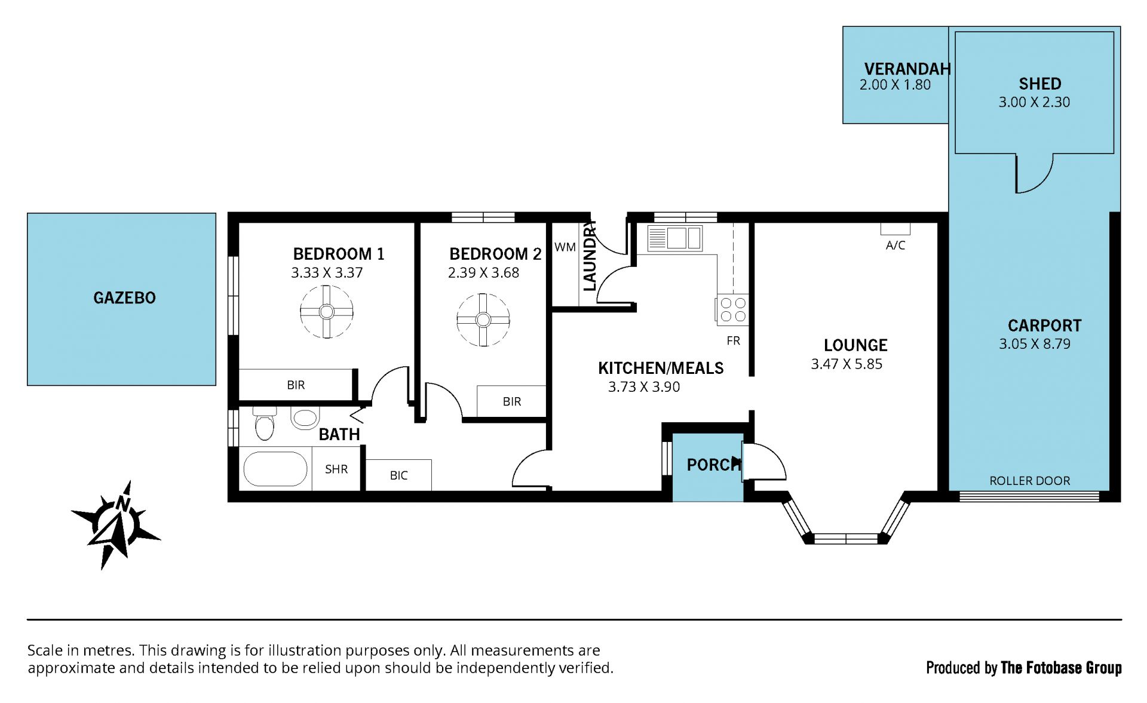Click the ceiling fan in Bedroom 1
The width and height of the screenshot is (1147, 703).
click(326, 312)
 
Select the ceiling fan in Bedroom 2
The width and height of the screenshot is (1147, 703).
click(483, 320)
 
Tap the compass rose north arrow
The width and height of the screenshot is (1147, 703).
click(115, 524)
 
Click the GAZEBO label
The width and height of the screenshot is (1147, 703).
click(124, 297)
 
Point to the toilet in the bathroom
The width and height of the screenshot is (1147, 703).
click(264, 423)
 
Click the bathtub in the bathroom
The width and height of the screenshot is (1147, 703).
click(275, 469)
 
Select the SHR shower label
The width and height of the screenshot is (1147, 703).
click(336, 469)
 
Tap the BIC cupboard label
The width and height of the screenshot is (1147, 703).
click(398, 475)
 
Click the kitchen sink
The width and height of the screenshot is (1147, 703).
click(675, 238)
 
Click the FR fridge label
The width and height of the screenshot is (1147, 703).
click(734, 340)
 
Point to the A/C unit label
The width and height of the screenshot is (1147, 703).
click(895, 245)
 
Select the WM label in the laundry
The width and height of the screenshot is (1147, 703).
click(565, 247)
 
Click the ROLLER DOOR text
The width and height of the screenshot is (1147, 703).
click(1030, 481)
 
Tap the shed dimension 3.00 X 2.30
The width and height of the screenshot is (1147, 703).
click(1034, 102)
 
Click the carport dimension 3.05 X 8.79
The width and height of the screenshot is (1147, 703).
click(1035, 344)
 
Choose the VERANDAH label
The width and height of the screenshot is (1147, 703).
click(907, 69)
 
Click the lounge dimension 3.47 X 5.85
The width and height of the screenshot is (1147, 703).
click(847, 364)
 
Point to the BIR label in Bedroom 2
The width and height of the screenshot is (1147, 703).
click(512, 402)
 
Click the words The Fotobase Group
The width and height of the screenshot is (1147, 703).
click(1061, 668)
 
